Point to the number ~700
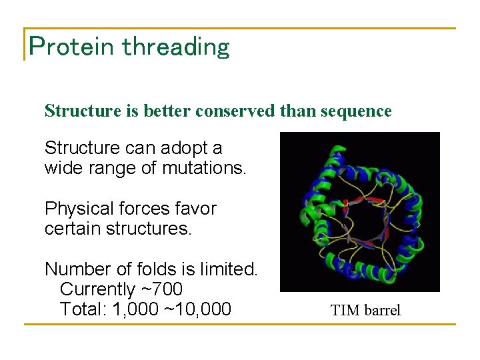coord(162,289)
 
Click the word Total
coord(81,309)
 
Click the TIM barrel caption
coord(365,310)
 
